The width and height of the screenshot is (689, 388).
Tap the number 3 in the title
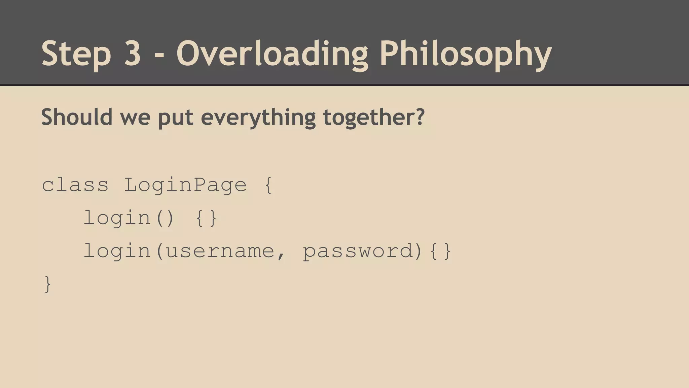click(x=132, y=53)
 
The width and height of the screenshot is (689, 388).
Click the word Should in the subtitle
click(x=77, y=117)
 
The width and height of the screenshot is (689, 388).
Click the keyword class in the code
click(x=75, y=185)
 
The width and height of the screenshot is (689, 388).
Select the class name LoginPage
click(x=185, y=186)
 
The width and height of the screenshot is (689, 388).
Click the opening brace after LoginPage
click(x=268, y=186)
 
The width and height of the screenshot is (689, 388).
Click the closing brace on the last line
click(x=48, y=284)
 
